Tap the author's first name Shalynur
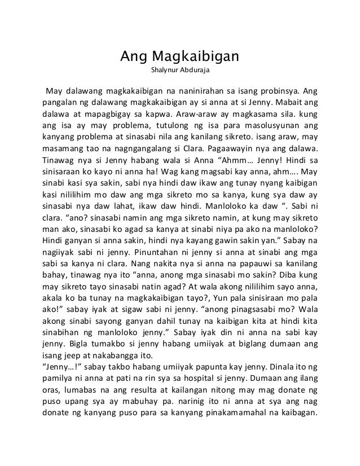coord(163,72)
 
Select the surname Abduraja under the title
coord(195,72)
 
